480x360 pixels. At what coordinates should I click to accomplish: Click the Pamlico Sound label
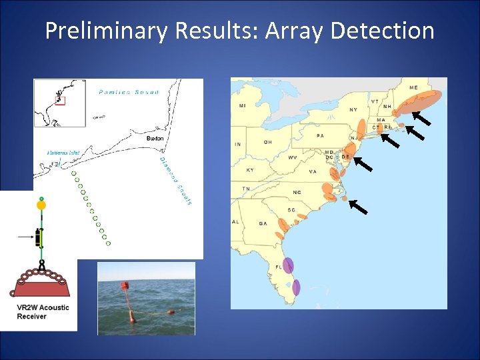pyautogui.click(x=128, y=92)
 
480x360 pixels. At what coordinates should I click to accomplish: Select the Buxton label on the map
pyautogui.click(x=154, y=138)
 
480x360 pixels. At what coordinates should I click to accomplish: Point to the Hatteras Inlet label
pyautogui.click(x=63, y=153)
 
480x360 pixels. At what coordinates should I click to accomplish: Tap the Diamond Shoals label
pyautogui.click(x=175, y=181)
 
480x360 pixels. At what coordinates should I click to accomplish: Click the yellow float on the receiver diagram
pyautogui.click(x=41, y=205)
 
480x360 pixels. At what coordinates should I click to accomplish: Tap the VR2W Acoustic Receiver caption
pyautogui.click(x=43, y=312)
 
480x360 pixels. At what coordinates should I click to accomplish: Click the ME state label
pyautogui.click(x=413, y=87)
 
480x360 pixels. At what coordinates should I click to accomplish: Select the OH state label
pyautogui.click(x=267, y=141)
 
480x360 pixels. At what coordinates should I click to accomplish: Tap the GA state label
pyautogui.click(x=263, y=223)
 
